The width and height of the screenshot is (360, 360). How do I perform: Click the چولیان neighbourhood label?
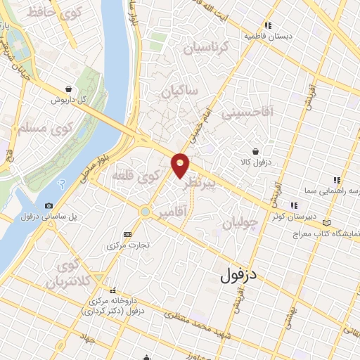pyautogui.click(x=241, y=222)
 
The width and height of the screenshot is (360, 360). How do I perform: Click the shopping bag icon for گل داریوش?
pyautogui.click(x=67, y=89)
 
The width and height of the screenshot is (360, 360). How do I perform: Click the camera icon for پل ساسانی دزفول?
pyautogui.click(x=48, y=205)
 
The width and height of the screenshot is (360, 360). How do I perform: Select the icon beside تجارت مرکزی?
pyautogui.click(x=127, y=234)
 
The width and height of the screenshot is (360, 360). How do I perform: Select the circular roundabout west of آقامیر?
pyautogui.click(x=145, y=210)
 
